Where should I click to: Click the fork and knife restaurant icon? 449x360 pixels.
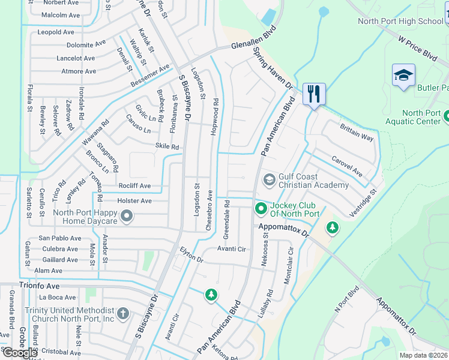pos(314,94)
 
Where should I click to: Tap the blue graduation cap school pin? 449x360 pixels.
pos(404,76)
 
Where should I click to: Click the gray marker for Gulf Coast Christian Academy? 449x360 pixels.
pos(270,179)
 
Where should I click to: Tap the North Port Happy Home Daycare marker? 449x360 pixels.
pos(126,216)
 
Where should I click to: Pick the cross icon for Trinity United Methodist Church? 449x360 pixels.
pos(122,314)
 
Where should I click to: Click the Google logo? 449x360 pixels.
pos(19,353)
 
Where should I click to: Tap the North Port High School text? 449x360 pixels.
pos(400,21)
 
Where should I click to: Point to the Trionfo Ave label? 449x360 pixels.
pos(40,286)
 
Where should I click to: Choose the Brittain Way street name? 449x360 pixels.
pos(357,134)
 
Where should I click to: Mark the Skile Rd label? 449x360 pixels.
pos(167,146)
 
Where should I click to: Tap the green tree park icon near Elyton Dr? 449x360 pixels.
pos(211,295)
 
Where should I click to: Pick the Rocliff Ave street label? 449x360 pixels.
pos(134,186)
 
